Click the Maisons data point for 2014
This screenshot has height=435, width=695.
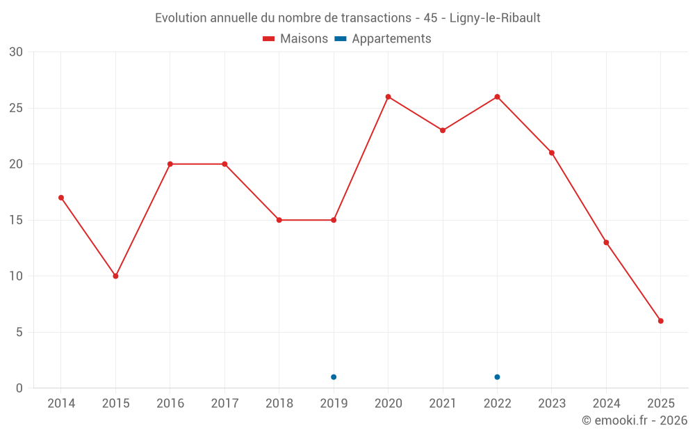coord(61,198)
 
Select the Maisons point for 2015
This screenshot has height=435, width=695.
coord(115,276)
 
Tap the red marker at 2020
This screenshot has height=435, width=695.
coord(388,97)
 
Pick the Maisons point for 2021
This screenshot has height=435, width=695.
coord(443,130)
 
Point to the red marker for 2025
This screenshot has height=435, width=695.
coord(661,321)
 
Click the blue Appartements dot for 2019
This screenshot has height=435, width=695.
coord(334,377)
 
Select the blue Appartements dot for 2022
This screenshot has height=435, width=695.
coord(497,377)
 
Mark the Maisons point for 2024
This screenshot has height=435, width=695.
coord(606,243)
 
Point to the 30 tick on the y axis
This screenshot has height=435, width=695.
coord(16,52)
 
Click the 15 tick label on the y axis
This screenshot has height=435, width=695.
coord(16,220)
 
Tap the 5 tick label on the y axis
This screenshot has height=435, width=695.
coord(19,332)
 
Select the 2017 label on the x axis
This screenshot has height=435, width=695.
coord(224,404)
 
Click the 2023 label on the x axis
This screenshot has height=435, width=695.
coord(552,404)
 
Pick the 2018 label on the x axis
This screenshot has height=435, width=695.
coord(279,404)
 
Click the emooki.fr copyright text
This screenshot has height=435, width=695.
coord(635,420)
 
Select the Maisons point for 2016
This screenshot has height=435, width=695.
coord(170,164)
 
